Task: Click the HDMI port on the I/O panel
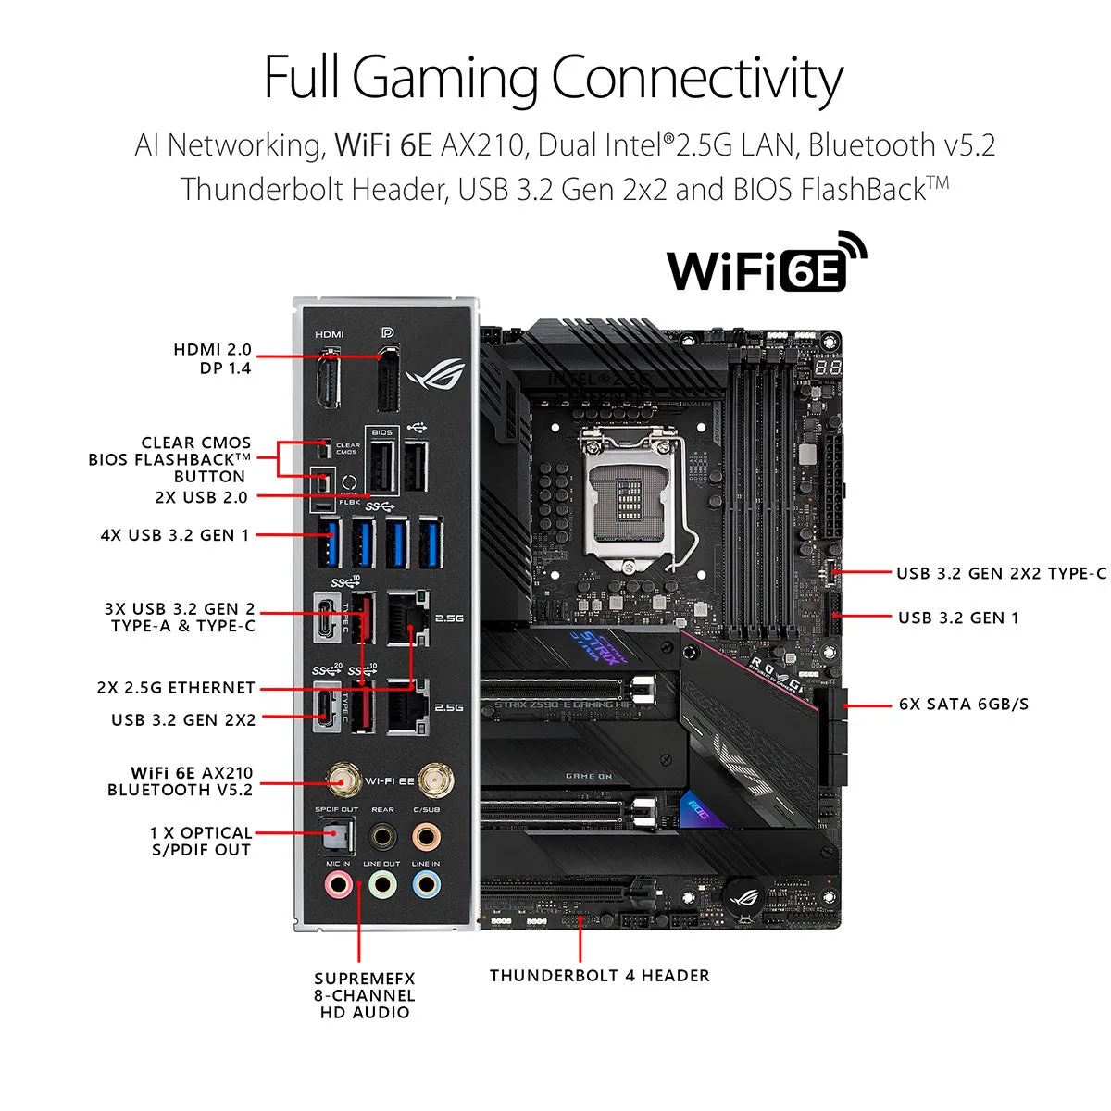[328, 380]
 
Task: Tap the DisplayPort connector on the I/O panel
[388, 380]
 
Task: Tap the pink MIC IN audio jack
[338, 885]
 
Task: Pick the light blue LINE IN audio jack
[426, 885]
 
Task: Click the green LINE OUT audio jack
[382, 885]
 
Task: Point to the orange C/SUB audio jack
[426, 836]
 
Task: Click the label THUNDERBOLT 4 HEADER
[599, 976]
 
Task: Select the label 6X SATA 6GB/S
[963, 705]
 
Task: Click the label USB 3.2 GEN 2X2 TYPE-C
[1001, 573]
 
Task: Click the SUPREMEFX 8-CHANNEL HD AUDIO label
[365, 995]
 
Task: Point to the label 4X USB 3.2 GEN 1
[175, 535]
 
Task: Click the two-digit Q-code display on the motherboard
[828, 368]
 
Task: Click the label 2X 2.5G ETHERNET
[176, 688]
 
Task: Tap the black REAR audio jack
[382, 836]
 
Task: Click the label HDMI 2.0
[212, 350]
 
